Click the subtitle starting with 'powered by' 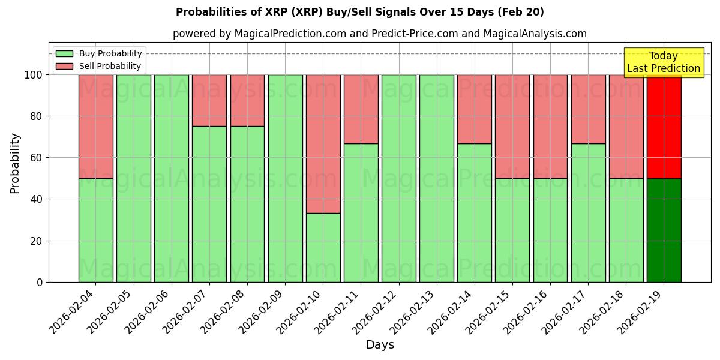click(379, 34)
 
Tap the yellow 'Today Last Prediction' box click(663, 62)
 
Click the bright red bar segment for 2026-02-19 click(664, 127)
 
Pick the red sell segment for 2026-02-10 click(323, 144)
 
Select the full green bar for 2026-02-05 click(133, 178)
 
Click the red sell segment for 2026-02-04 click(95, 127)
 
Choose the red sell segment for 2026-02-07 click(209, 100)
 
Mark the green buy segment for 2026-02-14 click(475, 212)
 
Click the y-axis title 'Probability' click(15, 163)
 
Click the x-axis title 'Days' click(380, 345)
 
